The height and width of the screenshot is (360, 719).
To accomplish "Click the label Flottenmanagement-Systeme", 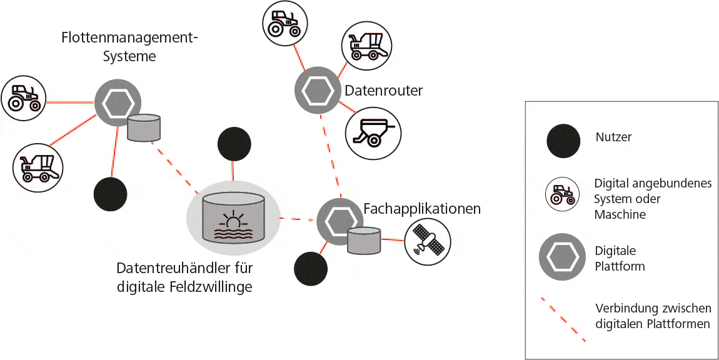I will click(129, 47).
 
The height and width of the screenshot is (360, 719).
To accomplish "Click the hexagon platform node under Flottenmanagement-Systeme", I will click(117, 103).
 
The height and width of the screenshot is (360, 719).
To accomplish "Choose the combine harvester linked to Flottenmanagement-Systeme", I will click(37, 164).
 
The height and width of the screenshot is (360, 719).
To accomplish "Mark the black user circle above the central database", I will click(234, 144).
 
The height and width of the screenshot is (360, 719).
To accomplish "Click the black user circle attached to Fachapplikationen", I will click(311, 268).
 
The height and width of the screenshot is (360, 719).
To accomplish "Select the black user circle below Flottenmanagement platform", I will click(110, 194).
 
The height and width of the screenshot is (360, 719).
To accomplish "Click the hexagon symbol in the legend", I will click(561, 258).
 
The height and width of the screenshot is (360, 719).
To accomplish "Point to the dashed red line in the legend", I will click(563, 319).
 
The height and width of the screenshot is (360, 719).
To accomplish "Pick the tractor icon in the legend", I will click(562, 193).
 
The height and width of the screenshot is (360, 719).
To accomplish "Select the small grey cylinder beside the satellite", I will click(364, 241).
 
